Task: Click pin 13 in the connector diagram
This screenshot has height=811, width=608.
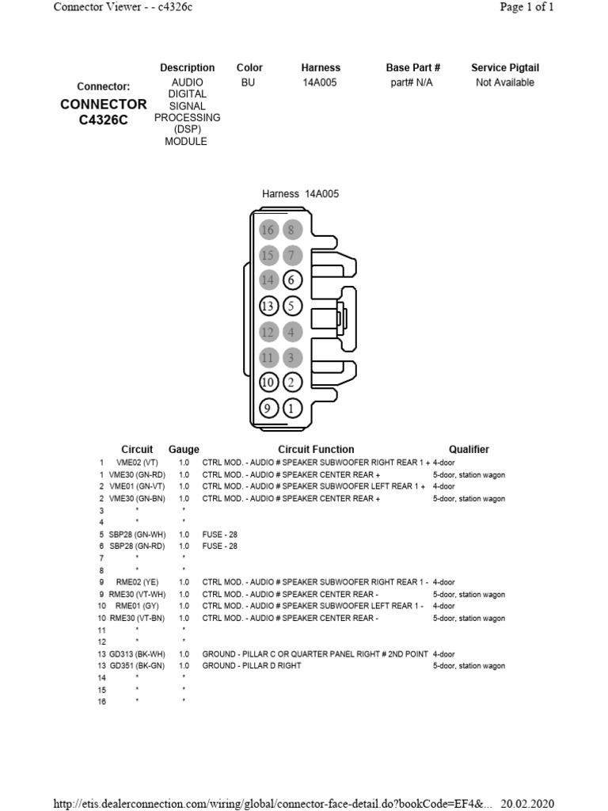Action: coord(268,306)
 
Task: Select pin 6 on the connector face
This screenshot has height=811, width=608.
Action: coord(292,280)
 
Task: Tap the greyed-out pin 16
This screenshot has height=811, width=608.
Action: coord(268,230)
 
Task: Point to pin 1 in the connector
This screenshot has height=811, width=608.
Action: coord(292,409)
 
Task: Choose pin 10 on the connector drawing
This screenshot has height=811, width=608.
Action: coord(268,383)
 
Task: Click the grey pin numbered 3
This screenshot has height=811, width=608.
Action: coord(292,357)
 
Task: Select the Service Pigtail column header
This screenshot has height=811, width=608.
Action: coord(504,68)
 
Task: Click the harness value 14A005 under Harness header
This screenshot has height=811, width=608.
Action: coord(320,82)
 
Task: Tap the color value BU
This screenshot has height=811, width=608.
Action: coord(249,82)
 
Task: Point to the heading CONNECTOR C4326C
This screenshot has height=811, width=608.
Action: coord(103,112)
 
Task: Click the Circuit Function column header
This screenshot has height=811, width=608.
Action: coord(316,449)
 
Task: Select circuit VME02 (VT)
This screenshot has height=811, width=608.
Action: coord(138,463)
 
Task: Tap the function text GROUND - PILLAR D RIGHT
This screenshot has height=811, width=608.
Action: coord(252,666)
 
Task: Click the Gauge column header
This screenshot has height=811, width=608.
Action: coord(184,449)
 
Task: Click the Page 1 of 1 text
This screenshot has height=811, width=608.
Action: coord(526,7)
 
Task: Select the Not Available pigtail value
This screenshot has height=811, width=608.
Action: coord(504,82)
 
